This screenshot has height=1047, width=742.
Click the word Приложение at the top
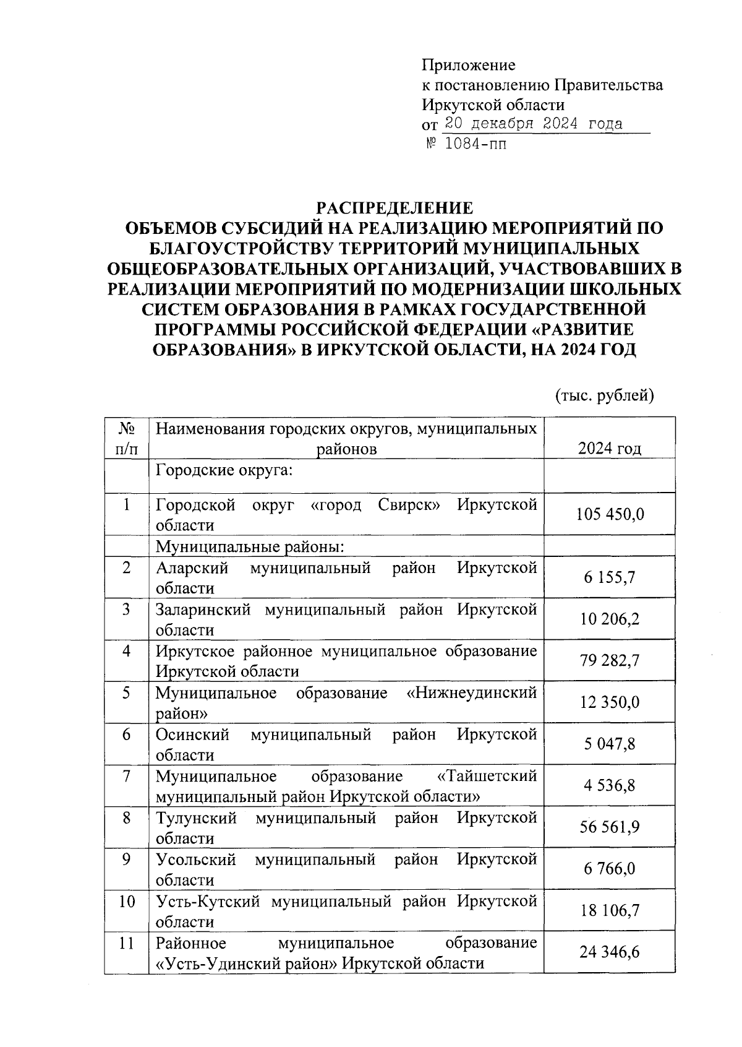(x=468, y=65)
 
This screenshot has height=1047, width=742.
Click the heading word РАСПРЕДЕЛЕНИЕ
(x=394, y=207)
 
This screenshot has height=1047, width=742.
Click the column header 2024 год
(x=609, y=448)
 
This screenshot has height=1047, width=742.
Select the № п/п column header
(x=126, y=438)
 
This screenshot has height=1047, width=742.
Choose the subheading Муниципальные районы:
(x=249, y=546)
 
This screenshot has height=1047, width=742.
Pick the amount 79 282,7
(x=609, y=660)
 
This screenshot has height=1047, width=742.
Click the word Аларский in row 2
(x=192, y=567)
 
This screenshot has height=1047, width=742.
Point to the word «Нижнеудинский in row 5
(x=472, y=692)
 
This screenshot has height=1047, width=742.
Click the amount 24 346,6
(x=609, y=952)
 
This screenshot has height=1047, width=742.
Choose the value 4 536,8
(x=609, y=785)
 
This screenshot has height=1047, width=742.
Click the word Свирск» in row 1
(x=409, y=505)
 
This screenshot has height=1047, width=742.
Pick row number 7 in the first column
(x=126, y=776)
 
